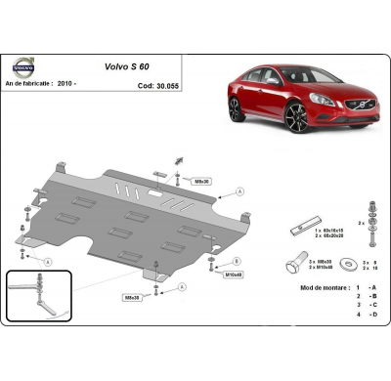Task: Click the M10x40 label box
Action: [233, 275]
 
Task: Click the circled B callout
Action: [238, 262]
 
